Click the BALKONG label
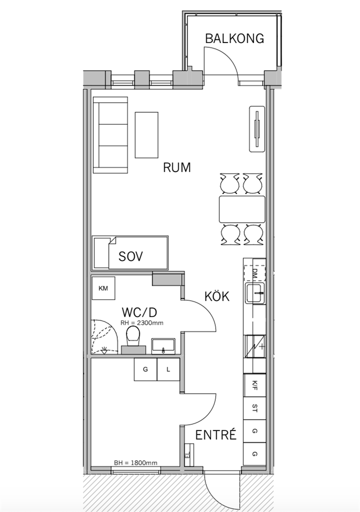(234, 38)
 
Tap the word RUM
(177, 167)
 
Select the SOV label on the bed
(131, 257)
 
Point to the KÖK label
(217, 296)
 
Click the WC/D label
(139, 312)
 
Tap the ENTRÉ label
(216, 435)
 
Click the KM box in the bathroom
(103, 288)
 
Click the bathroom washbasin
(163, 346)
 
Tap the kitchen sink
(255, 293)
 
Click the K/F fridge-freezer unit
(255, 386)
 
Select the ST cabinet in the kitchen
(255, 408)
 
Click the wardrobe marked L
(168, 369)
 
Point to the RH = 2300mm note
(142, 323)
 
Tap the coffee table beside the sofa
(146, 135)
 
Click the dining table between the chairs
(242, 209)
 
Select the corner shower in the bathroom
(104, 337)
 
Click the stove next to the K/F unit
(255, 347)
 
